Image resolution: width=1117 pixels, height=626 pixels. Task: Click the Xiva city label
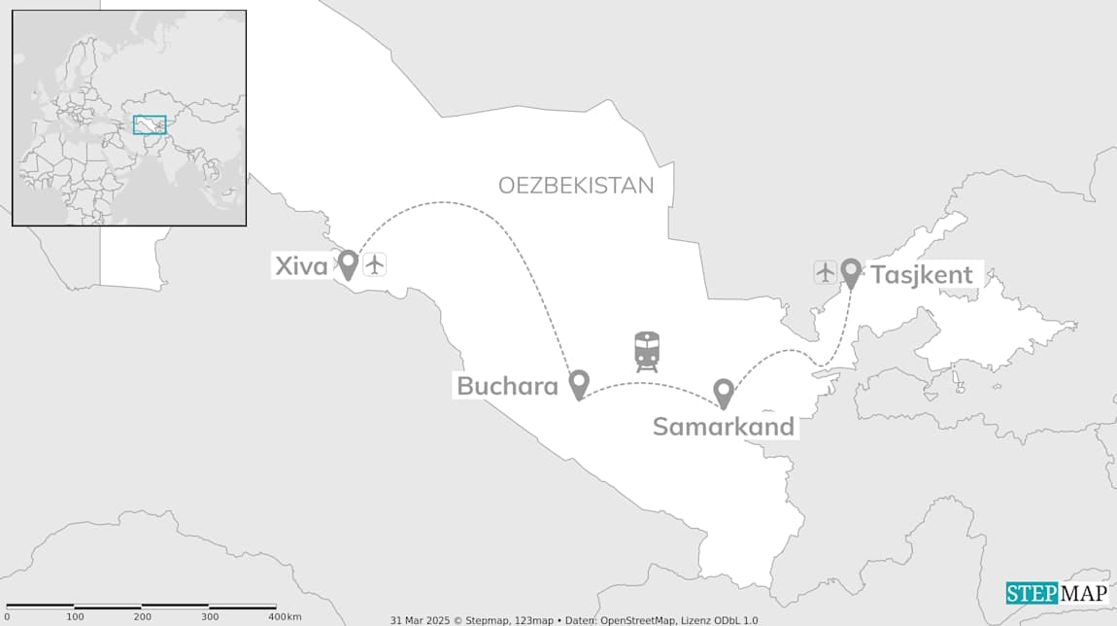[301, 265]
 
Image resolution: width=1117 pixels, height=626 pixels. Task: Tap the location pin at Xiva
[348, 263]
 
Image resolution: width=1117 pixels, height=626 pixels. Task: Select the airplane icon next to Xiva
[375, 263]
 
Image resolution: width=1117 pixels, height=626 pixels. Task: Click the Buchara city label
[507, 386]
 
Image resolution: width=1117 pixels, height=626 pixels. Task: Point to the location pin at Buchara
[579, 384]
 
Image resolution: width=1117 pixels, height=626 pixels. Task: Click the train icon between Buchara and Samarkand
[647, 351]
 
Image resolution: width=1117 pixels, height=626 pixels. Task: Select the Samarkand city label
[724, 427]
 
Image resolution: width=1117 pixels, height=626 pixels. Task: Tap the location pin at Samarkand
[723, 393]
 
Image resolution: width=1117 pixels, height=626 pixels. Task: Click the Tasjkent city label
[922, 275]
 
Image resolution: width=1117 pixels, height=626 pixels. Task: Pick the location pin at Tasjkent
[851, 272]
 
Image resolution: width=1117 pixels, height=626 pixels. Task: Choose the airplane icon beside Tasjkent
[826, 272]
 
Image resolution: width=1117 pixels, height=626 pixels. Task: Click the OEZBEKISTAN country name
[576, 186]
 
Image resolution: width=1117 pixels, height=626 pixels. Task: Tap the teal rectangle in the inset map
[150, 124]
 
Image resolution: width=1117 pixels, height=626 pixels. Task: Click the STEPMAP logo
[1055, 594]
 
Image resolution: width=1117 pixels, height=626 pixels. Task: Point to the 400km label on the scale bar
[285, 617]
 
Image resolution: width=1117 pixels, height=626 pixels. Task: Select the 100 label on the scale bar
[75, 617]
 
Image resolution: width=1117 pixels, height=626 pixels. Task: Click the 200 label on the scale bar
[142, 617]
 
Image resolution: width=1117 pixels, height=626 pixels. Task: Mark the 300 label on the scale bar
[210, 617]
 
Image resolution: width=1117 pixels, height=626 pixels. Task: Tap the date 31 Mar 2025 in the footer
[416, 620]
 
